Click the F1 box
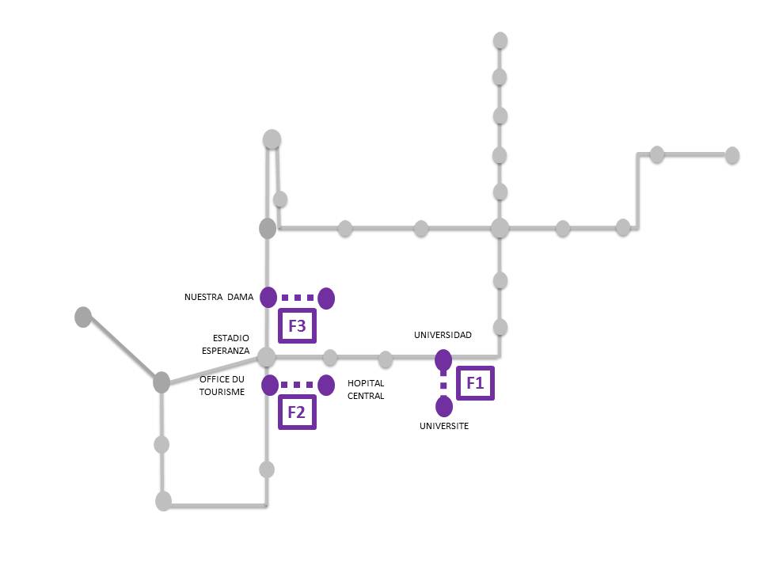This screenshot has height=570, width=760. pos(475,383)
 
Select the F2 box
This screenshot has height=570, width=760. pos(297,412)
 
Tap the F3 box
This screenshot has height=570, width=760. pos(297,325)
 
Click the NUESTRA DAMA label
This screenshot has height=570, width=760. pos(218,298)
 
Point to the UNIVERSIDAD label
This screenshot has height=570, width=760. pos(443,335)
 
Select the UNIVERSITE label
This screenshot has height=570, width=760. pos(443,426)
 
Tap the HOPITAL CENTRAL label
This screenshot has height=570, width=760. pos(366,389)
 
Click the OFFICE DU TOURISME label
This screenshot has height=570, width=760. pos(222,386)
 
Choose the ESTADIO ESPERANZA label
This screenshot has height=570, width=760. pos(231,344)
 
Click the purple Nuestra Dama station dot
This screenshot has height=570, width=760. pos(268,297)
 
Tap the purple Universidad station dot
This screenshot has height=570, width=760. pos(443,359)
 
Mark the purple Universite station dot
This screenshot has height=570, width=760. pos(444,407)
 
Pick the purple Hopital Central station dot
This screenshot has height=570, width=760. pos(325,385)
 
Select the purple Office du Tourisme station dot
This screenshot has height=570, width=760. pos(269,385)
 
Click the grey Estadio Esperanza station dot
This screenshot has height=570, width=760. pos(266,356)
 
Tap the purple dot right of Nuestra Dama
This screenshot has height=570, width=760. pos(326,298)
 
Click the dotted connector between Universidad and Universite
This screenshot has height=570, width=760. pos(443,383)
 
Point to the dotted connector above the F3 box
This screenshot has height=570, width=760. pos(298,298)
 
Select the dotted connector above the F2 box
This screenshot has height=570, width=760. pos(298,385)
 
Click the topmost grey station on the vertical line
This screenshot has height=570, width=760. pos(500,40)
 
